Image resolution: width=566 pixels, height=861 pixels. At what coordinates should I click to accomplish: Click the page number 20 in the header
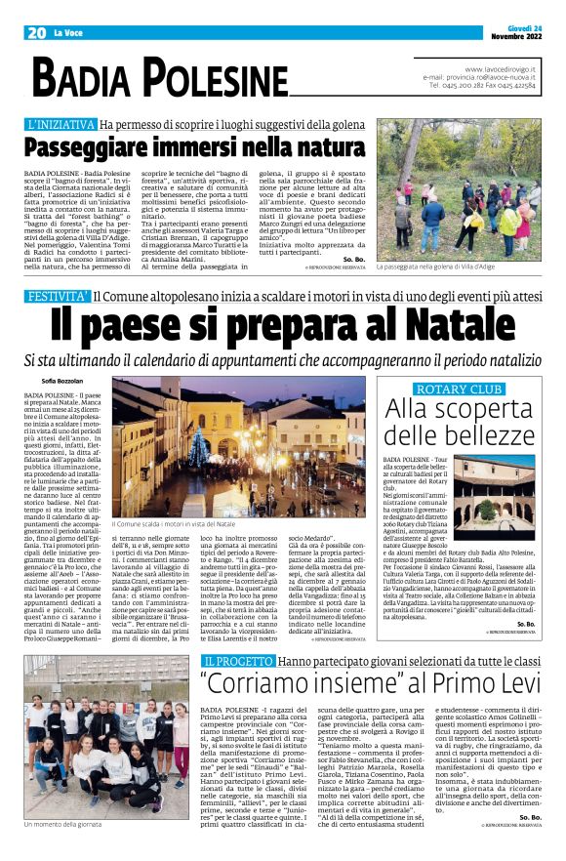37,32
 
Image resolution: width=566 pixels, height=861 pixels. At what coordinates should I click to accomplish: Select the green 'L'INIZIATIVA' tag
61,125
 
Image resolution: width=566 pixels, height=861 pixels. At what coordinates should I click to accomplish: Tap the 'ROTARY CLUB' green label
460,389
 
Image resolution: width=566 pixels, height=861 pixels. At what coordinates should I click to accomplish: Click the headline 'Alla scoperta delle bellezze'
459,420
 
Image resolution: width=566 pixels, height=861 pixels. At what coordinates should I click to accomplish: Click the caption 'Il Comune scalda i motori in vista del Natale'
173,524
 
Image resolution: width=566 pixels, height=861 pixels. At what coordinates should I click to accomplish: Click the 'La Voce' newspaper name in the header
68,33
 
